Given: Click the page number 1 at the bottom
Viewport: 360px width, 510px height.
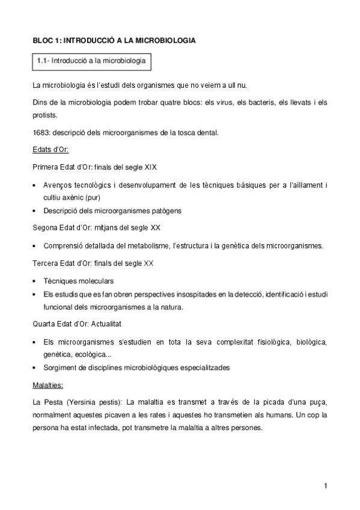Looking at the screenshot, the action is (325, 485).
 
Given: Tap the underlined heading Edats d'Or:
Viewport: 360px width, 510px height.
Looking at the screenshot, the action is (51, 149).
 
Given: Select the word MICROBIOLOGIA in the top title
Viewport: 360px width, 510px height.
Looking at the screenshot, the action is (165, 40).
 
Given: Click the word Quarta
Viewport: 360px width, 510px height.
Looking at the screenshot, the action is (46, 324).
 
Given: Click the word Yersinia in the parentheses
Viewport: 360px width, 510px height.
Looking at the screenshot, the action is (82, 401).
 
